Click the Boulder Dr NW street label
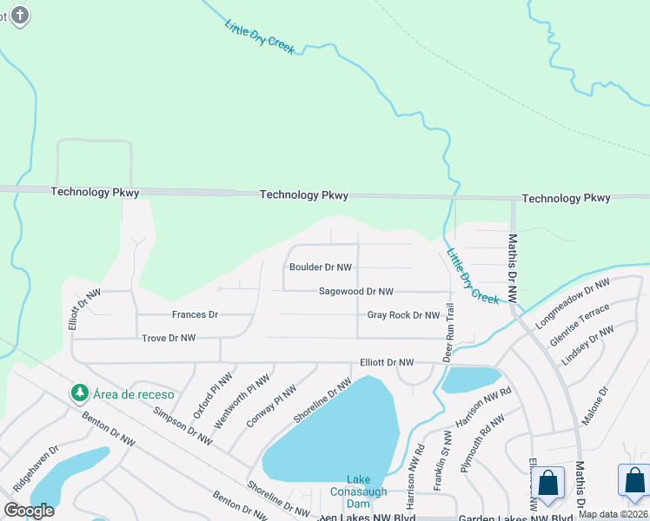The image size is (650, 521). coord(321,268)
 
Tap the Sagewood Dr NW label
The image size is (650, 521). coord(355,292)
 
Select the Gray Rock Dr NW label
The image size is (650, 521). coord(403,315)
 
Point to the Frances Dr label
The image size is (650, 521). coord(195,314)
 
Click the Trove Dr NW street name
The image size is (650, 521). coord(169,338)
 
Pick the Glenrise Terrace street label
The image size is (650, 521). coord(580,326)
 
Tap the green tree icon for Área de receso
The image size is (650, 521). coord(80,393)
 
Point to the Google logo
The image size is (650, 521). coord(29,511)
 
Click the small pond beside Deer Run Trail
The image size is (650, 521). coord(472,379)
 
